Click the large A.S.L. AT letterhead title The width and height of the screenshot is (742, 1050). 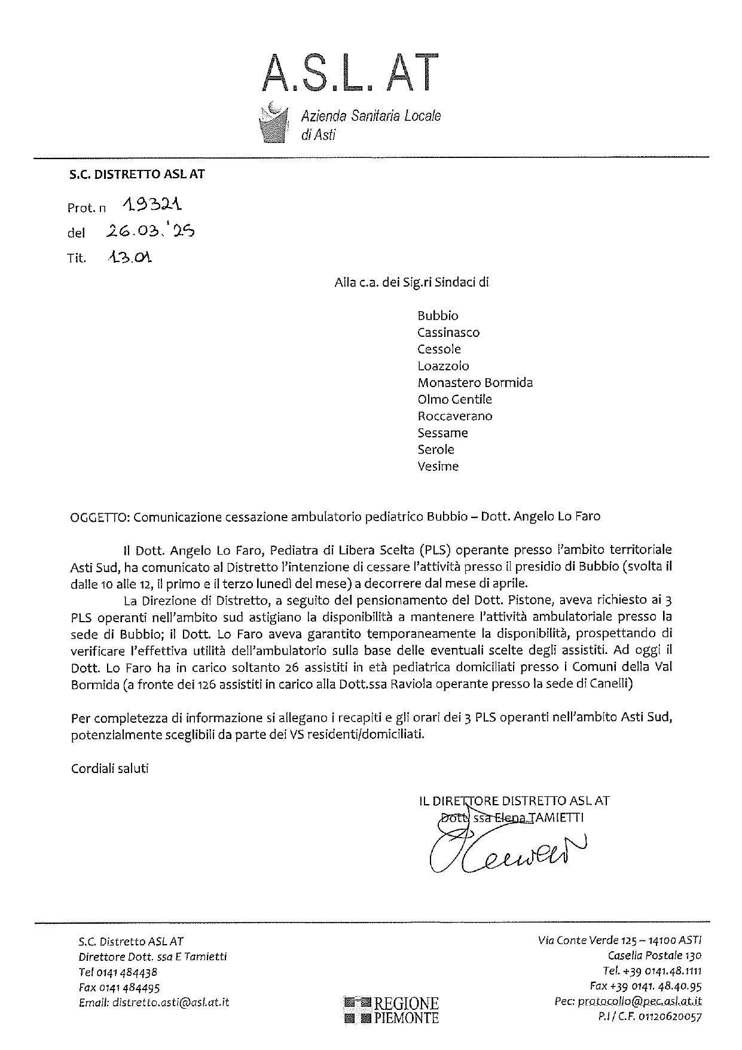[x=352, y=73]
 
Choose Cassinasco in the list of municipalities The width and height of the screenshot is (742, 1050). [x=448, y=332]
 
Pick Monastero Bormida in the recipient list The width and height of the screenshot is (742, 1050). [x=475, y=382]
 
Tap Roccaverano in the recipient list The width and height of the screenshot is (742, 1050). [x=455, y=416]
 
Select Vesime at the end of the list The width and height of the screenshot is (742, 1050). [x=438, y=466]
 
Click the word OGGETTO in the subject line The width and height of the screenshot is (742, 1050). [x=98, y=516]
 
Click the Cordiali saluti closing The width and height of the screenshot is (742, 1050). [x=109, y=768]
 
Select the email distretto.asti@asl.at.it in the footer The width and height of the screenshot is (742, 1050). [x=170, y=1002]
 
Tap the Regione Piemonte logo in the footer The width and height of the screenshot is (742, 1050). [x=392, y=1010]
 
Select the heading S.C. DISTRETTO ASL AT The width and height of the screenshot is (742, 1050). [x=134, y=174]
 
